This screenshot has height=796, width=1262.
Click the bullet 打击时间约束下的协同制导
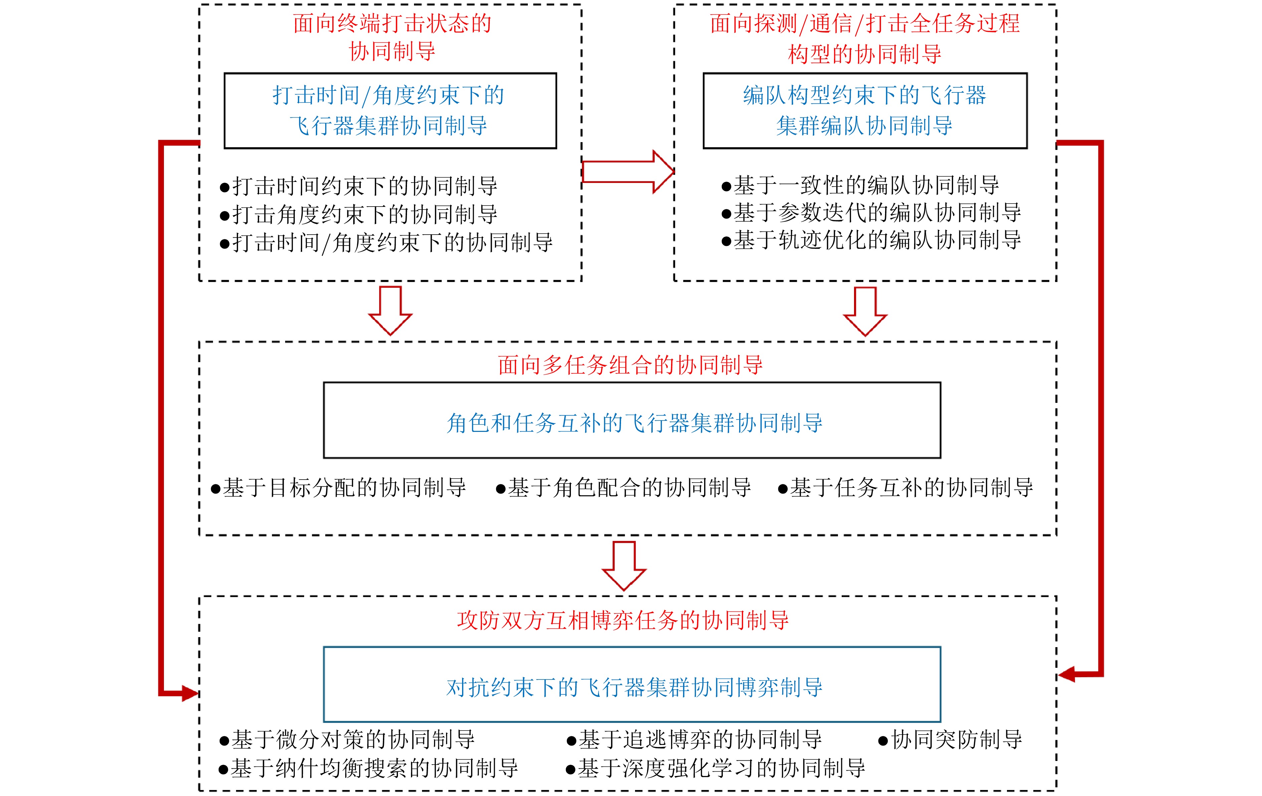359,186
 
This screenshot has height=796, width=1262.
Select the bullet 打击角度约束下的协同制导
359,214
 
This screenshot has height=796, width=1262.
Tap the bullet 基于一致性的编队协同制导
861,185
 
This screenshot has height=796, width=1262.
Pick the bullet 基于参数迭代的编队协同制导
872,213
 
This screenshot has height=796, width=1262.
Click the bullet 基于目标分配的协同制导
339,488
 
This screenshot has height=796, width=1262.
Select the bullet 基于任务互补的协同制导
906,488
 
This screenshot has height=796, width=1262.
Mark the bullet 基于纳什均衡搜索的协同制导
369,768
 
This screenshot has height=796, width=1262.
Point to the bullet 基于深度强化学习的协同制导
716,768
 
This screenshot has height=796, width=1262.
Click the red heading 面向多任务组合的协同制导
630,365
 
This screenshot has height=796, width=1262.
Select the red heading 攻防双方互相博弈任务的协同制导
623,620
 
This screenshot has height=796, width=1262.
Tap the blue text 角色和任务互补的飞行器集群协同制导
634,423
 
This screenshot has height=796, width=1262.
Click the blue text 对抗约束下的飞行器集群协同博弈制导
634,687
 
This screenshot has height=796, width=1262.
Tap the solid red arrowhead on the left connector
190,693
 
